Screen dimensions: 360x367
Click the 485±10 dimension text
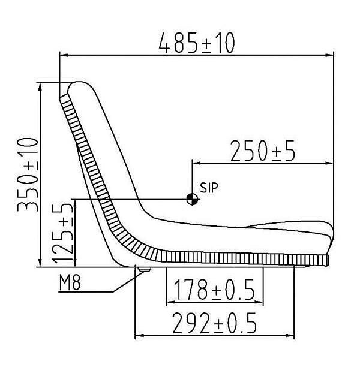196,43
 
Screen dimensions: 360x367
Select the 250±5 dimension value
263,151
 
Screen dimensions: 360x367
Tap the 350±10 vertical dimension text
28,175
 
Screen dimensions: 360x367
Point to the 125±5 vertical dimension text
62,233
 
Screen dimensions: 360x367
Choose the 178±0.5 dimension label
214,290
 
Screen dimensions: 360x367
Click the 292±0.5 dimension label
214,323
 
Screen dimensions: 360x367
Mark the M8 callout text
70,282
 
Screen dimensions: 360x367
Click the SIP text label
209,188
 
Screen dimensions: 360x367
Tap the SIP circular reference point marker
192,200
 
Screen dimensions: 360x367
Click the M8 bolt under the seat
144,270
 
